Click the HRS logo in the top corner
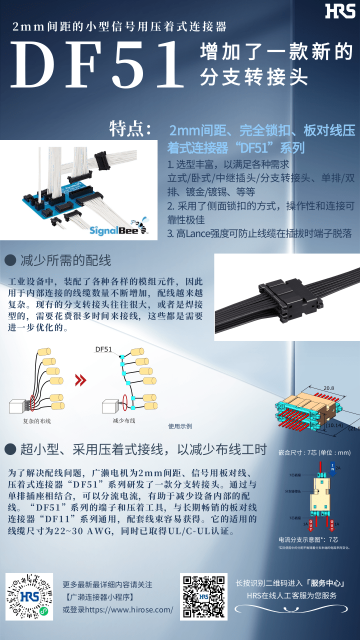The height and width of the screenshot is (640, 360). [340, 11]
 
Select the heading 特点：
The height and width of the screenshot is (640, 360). [131, 128]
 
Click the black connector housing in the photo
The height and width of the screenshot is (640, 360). [290, 297]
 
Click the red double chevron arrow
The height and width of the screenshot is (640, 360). [80, 380]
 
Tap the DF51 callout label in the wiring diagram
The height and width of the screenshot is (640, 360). [103, 349]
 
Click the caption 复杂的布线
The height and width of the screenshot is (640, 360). [37, 421]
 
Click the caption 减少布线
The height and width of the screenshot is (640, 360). [124, 420]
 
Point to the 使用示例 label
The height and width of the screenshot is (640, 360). [180, 426]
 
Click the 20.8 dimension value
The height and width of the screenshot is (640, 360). [328, 388]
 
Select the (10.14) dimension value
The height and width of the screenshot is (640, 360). [333, 425]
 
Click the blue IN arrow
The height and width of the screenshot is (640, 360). [332, 468]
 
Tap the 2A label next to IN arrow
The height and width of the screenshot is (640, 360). [338, 468]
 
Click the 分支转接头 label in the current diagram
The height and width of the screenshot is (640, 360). [293, 491]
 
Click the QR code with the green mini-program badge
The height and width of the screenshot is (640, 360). [29, 597]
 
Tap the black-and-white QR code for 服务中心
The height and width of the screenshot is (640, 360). [203, 596]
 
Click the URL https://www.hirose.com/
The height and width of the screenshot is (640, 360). [118, 609]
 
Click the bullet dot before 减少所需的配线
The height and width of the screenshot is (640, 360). [10, 260]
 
